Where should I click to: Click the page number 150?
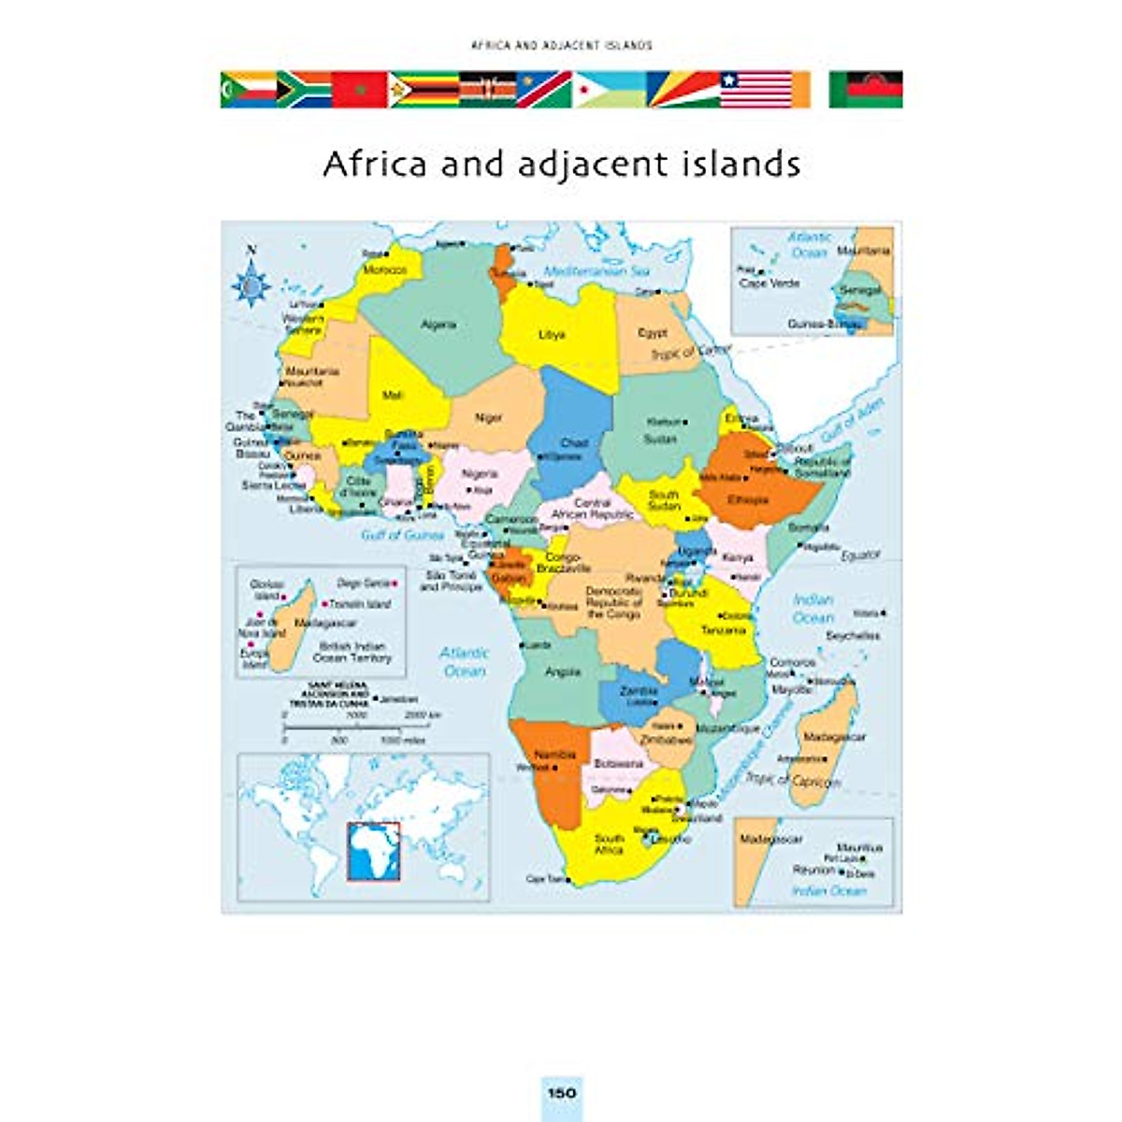tap(561, 1092)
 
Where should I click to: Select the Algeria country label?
tap(439, 324)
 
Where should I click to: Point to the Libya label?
tap(552, 335)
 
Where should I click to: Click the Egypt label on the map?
tap(653, 332)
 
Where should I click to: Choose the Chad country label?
tap(574, 443)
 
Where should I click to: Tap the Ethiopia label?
tap(748, 499)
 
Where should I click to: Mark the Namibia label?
tap(555, 755)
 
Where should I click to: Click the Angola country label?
tap(563, 671)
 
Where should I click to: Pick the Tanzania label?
tap(724, 630)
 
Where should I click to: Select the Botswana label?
tap(618, 763)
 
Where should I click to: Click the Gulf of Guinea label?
tap(403, 535)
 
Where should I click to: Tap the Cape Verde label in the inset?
tap(770, 282)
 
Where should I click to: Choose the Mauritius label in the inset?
tap(859, 847)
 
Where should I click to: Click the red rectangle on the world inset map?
tap(374, 851)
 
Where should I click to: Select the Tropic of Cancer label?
tap(690, 352)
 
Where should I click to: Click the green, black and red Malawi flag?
tap(866, 89)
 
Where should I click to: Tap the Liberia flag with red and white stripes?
tap(755, 89)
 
